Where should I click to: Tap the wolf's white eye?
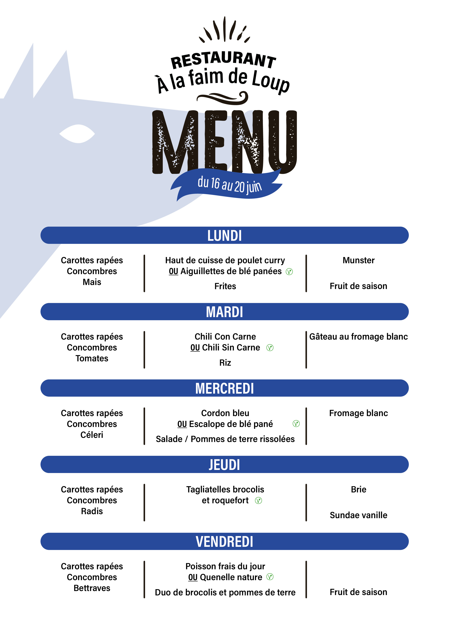click(x=77, y=134)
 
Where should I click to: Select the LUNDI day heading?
click(x=224, y=236)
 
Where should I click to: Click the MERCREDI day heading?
click(x=224, y=388)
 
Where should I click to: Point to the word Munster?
click(x=358, y=260)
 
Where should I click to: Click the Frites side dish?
click(x=225, y=286)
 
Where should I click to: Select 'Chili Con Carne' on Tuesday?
click(x=225, y=336)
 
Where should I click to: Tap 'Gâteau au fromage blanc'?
click(x=358, y=336)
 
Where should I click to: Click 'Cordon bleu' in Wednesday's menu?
click(x=225, y=413)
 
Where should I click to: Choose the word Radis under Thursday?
click(x=92, y=511)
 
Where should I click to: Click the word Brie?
click(x=358, y=490)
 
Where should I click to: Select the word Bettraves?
click(x=92, y=588)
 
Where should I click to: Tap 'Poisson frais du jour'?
click(x=225, y=566)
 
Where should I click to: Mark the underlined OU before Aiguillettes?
click(x=173, y=271)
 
